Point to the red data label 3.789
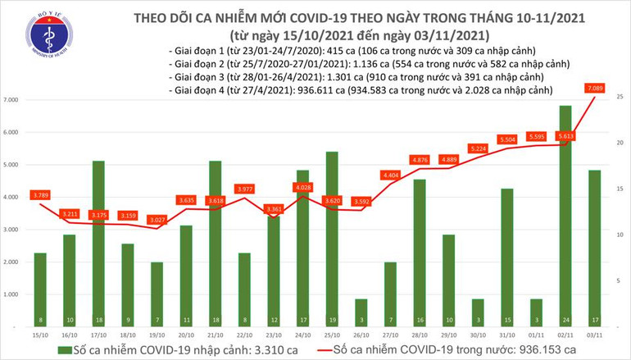coord(40,194)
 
